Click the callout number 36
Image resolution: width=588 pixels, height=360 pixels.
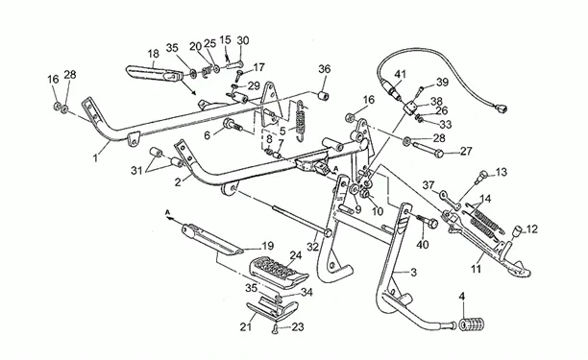click(x=325, y=69)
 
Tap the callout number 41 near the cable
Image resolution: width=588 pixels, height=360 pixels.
click(x=400, y=74)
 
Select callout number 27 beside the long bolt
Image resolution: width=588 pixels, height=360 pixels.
click(x=466, y=152)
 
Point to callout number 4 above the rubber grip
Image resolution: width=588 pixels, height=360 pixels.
click(x=461, y=297)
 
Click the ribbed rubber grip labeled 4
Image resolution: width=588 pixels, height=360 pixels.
click(x=471, y=324)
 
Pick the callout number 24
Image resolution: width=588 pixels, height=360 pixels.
click(x=296, y=256)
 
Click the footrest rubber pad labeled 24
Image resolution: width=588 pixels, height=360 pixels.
click(x=279, y=272)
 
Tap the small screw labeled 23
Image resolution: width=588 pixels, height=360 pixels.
click(x=275, y=329)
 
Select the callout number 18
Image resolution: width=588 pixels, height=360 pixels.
click(x=153, y=54)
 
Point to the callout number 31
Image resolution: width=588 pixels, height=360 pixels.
click(x=137, y=171)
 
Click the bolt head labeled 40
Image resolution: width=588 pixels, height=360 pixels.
click(x=432, y=224)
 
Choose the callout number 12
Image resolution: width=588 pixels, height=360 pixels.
click(x=531, y=228)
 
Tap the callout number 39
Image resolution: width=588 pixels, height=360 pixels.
click(x=443, y=82)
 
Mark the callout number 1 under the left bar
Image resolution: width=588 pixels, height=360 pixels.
click(x=95, y=157)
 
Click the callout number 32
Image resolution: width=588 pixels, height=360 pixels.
click(x=312, y=247)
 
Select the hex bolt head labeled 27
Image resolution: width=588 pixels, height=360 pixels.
click(x=439, y=153)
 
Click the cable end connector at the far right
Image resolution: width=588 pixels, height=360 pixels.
click(x=501, y=108)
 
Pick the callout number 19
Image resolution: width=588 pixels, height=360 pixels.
click(x=267, y=246)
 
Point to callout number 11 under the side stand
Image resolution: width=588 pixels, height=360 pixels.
click(x=476, y=269)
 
